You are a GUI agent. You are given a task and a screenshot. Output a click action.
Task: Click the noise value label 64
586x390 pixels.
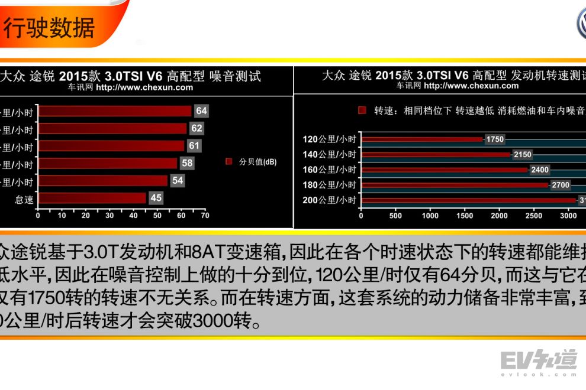[x=201, y=110]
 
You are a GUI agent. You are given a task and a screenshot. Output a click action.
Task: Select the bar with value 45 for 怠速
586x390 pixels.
[x=91, y=198]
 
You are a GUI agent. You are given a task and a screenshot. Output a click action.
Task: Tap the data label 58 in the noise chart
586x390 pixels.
[x=187, y=162]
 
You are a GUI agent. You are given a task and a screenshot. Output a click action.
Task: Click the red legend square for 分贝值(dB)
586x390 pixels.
[x=228, y=161]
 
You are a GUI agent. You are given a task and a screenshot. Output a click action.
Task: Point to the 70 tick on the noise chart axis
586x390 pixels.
[x=205, y=216]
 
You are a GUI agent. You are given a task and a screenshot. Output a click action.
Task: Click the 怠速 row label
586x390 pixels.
[x=24, y=200]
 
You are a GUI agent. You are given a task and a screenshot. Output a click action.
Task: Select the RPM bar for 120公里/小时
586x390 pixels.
[x=421, y=139]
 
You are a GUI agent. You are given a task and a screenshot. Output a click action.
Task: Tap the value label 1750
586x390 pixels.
[x=494, y=139]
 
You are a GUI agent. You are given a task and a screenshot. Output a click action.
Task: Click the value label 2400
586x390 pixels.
[x=540, y=170]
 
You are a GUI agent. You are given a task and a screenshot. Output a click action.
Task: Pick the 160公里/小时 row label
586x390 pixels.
[x=329, y=170]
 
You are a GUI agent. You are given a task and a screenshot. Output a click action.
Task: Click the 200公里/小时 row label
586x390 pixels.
[x=329, y=200]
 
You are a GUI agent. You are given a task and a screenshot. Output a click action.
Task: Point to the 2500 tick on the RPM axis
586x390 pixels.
[x=534, y=216]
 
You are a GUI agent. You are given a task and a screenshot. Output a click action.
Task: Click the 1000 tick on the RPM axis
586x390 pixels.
[x=430, y=216]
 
